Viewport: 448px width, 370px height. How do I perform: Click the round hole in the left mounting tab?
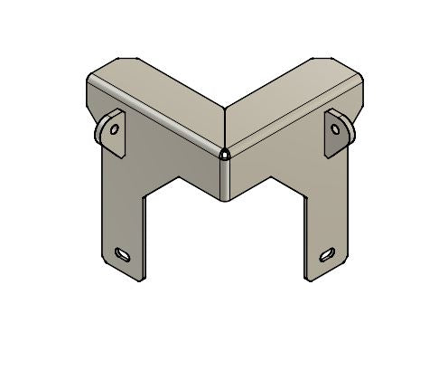coord(114,129)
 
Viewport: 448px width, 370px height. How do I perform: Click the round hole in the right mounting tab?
coord(336,128)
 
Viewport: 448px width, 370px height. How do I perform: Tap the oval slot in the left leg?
coord(123,253)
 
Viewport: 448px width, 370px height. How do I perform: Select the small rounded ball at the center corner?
coord(223,156)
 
